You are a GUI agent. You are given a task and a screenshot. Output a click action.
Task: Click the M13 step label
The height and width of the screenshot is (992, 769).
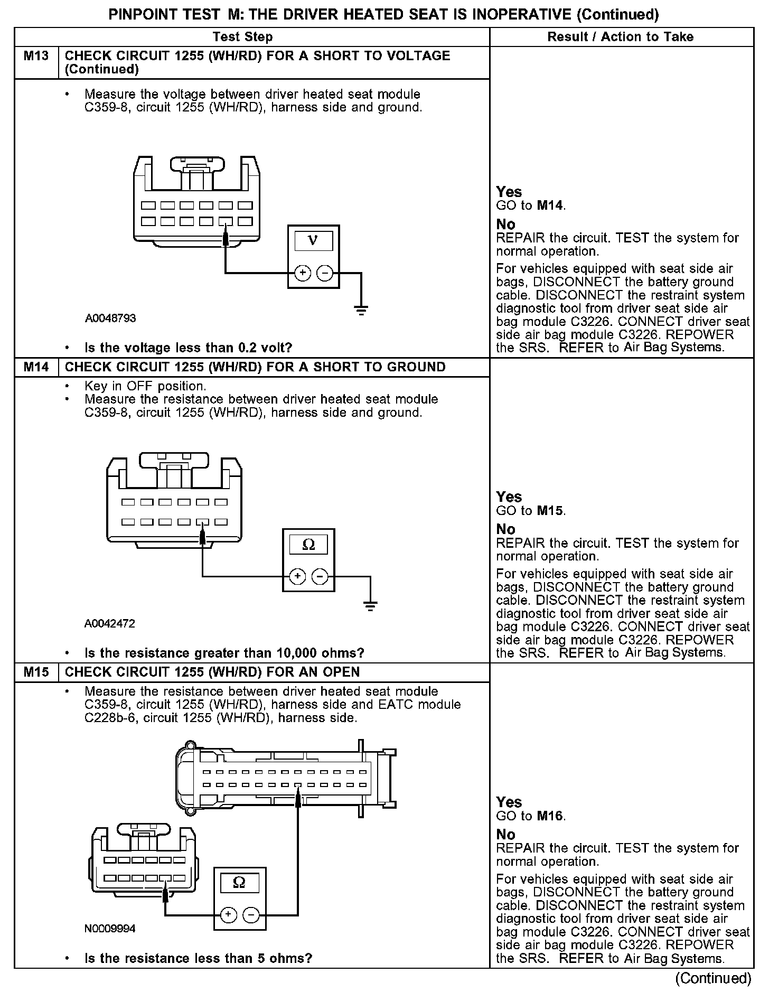36,56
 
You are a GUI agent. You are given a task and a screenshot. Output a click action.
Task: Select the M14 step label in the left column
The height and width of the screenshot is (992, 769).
36,367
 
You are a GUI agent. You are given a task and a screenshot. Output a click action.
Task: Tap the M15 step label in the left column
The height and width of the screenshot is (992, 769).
36,672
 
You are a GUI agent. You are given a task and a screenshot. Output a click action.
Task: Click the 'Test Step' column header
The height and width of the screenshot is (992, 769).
242,37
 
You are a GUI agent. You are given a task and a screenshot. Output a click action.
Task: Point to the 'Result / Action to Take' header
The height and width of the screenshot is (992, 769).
621,37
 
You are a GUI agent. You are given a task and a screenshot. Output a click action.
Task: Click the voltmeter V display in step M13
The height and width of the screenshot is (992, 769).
313,241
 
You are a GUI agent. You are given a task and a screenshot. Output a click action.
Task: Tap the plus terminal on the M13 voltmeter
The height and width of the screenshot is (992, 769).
302,273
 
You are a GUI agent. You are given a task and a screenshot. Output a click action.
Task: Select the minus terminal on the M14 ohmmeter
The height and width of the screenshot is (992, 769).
320,576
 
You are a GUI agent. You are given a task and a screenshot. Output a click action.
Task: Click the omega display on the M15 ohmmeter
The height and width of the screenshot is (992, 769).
239,883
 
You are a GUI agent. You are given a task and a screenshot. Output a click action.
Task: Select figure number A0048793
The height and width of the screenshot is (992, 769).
110,319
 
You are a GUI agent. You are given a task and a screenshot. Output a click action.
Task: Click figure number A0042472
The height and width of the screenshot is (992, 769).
110,624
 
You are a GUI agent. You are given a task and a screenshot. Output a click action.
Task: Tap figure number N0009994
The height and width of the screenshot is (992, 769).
110,929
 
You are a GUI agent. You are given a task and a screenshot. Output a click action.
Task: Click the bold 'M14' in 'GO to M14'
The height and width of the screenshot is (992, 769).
550,206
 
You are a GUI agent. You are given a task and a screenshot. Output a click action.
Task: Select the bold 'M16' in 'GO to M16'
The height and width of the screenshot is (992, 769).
550,816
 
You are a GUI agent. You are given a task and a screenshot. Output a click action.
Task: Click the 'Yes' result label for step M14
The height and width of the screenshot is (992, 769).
509,497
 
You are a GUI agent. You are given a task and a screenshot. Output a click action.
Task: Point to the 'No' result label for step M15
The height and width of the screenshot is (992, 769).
505,835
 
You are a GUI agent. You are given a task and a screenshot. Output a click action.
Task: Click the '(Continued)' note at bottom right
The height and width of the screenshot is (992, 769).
713,978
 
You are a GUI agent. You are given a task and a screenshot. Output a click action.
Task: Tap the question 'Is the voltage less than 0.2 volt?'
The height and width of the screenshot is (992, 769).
189,348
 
